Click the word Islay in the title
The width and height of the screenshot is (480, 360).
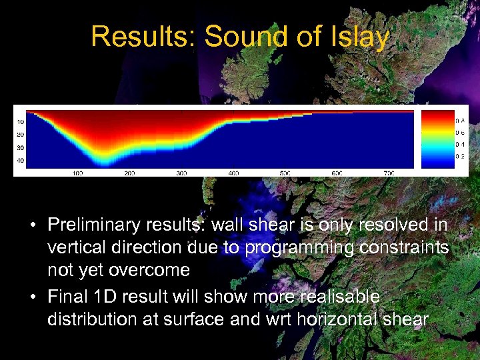pos(361,37)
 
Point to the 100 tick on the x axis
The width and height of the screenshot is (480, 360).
pos(77,173)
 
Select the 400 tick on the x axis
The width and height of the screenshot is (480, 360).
pos(233,173)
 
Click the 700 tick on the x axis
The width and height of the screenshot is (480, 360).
pos(389,173)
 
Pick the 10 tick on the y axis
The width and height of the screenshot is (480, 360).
pos(20,122)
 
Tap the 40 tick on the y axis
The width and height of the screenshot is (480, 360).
pos(20,161)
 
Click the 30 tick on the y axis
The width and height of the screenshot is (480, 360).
pos(20,148)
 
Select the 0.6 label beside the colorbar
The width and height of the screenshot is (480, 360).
pos(460,133)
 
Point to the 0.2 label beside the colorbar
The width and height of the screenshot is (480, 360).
pos(460,156)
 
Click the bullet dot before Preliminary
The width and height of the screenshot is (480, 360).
pos(32,225)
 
